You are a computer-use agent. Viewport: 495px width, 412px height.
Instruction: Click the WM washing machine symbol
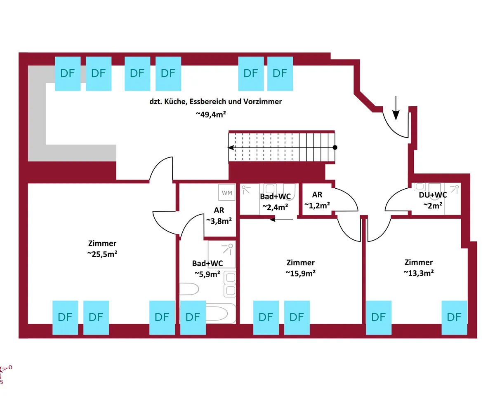(x=227, y=192)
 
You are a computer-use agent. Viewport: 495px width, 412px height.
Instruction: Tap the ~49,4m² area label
(x=210, y=115)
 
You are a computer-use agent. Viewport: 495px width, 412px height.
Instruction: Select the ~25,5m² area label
(x=102, y=254)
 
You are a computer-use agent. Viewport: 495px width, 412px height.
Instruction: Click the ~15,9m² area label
(x=300, y=273)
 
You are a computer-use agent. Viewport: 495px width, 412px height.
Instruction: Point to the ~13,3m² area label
(x=418, y=272)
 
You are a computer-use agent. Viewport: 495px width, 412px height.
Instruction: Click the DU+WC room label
(x=433, y=195)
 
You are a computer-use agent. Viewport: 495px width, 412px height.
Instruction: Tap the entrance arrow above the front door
(x=396, y=108)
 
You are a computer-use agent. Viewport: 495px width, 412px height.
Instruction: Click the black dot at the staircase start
(x=335, y=147)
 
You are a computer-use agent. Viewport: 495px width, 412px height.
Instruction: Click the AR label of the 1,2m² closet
(x=317, y=195)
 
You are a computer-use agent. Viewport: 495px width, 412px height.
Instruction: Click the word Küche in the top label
(x=181, y=101)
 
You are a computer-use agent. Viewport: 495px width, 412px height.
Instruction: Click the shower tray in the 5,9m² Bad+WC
(x=222, y=254)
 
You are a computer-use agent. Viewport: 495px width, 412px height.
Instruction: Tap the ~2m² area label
(x=433, y=205)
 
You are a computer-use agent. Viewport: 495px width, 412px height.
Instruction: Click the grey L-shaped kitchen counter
(x=37, y=119)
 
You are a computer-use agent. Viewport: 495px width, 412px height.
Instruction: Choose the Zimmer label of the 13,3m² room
(x=418, y=262)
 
